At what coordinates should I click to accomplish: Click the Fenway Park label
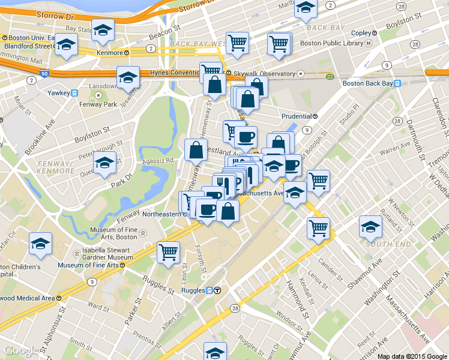point(98,104)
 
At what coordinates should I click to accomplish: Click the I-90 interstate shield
point(44,74)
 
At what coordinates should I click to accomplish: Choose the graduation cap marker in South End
point(370,227)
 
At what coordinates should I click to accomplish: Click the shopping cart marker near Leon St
point(169,251)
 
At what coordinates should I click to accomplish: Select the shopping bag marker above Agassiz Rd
point(196,151)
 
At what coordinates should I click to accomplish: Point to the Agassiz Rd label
point(157,161)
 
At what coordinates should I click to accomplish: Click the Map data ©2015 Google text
point(412,356)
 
